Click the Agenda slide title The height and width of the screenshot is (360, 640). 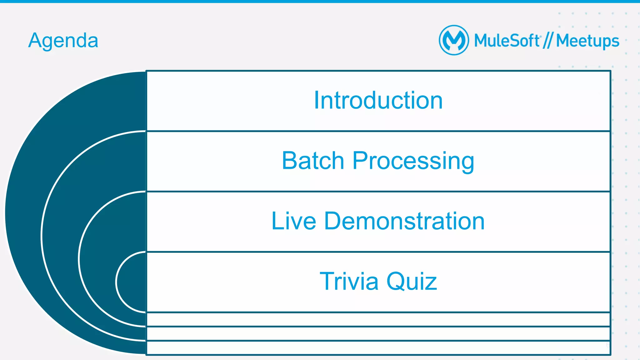pos(63,41)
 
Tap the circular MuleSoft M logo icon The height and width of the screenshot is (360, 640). pos(454,40)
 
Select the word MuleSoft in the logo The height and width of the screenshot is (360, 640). pos(507,41)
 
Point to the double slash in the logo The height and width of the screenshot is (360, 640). pos(548,41)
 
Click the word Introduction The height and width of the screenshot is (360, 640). pos(378,100)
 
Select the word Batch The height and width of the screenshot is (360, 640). pos(313,161)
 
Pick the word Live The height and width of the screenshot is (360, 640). pos(294,221)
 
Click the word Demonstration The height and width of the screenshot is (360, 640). pos(404,221)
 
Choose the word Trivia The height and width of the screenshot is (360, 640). pos(349,281)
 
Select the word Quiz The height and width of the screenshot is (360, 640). pos(412,281)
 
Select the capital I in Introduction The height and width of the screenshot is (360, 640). pos(317,100)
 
